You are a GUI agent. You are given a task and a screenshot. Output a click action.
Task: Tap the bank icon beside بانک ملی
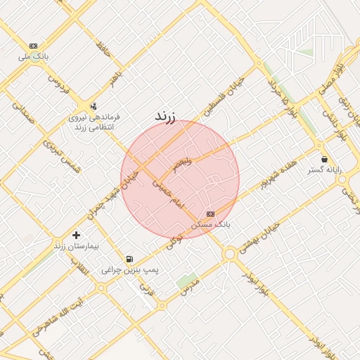34,46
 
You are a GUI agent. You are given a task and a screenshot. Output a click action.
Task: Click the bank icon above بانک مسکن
210,214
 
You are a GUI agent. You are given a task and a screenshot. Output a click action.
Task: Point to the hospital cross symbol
76,234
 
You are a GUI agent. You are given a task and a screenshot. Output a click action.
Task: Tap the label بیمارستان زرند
77,247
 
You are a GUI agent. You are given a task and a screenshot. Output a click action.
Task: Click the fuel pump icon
129,259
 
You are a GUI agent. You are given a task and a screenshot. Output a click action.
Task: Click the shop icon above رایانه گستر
324,159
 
